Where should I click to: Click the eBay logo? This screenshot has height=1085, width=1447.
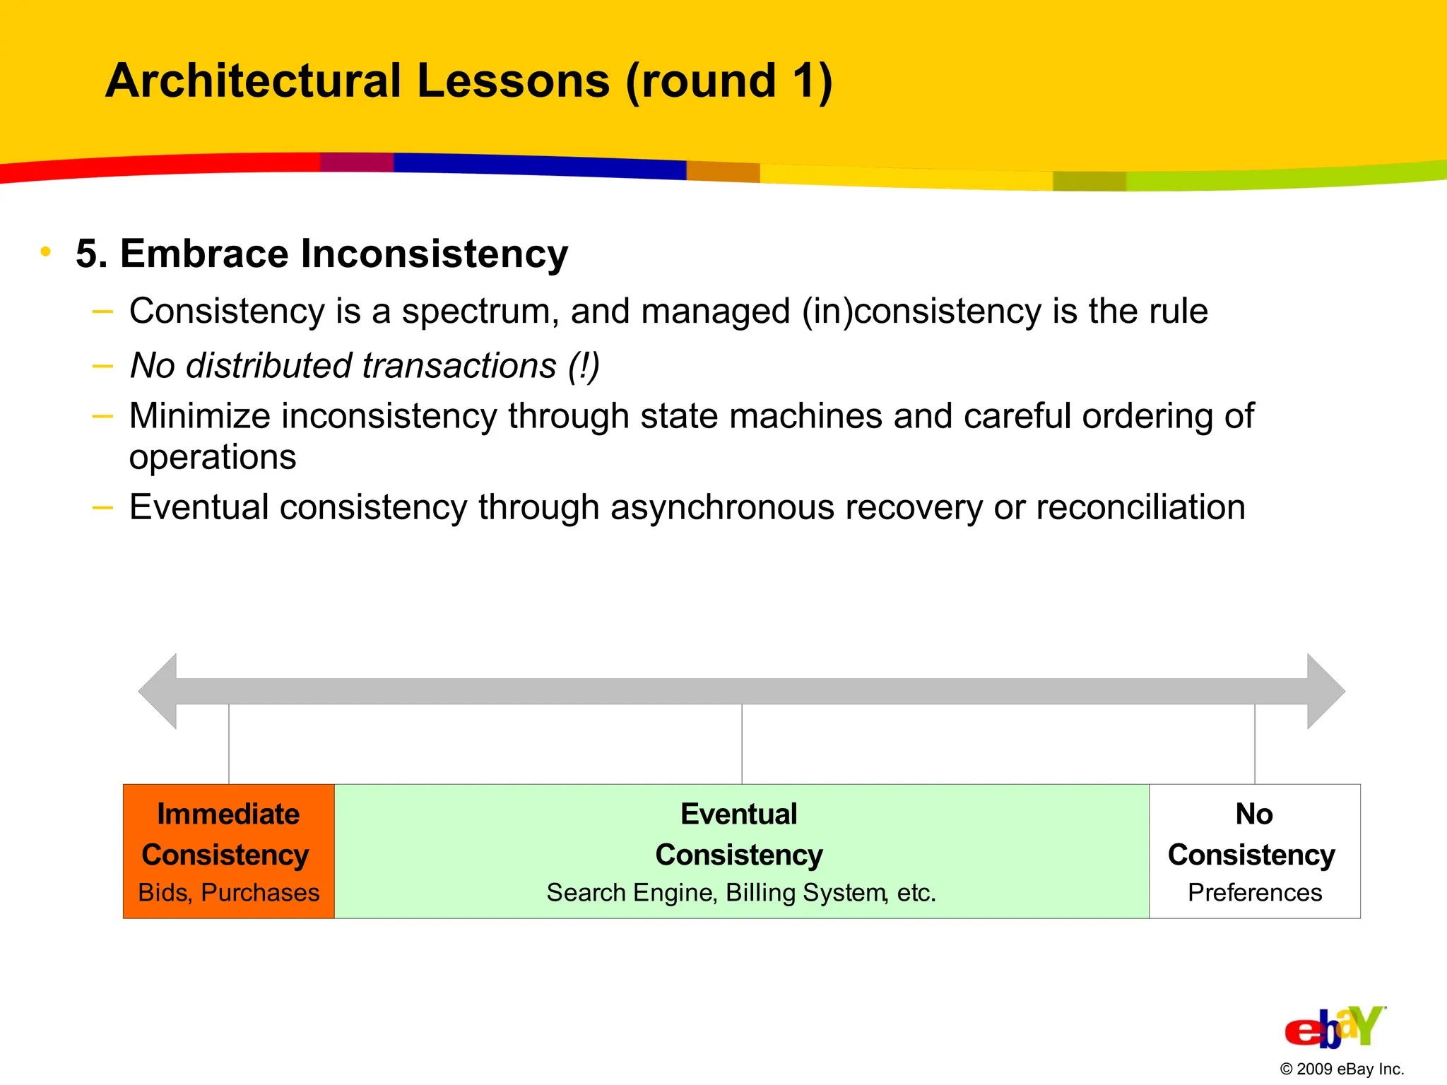click(x=1334, y=1028)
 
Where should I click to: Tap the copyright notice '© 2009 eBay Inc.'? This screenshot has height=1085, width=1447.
click(x=1341, y=1069)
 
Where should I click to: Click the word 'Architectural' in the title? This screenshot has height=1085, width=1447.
click(x=253, y=81)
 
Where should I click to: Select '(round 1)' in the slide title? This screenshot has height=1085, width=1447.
click(x=728, y=81)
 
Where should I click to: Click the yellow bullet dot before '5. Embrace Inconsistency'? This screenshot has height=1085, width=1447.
click(x=46, y=251)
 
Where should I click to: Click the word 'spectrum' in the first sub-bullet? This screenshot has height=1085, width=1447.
click(x=480, y=312)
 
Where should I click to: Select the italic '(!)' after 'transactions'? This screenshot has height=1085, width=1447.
click(x=584, y=366)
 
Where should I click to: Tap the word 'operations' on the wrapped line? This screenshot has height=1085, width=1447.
click(x=213, y=457)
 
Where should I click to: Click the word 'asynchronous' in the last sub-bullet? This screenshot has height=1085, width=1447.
click(x=722, y=507)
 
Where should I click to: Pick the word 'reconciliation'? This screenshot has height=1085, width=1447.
click(x=1140, y=507)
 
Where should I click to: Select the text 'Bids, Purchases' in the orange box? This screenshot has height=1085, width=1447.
click(x=228, y=893)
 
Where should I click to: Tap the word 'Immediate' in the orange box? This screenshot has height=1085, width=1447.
click(x=228, y=814)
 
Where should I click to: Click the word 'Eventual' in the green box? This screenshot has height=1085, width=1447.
click(x=738, y=814)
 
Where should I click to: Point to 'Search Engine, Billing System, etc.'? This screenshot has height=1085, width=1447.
click(x=740, y=893)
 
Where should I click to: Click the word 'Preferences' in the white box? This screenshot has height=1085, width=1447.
click(x=1254, y=893)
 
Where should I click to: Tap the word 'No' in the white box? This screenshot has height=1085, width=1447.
click(x=1254, y=814)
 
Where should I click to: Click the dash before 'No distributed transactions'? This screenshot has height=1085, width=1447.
click(x=103, y=366)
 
